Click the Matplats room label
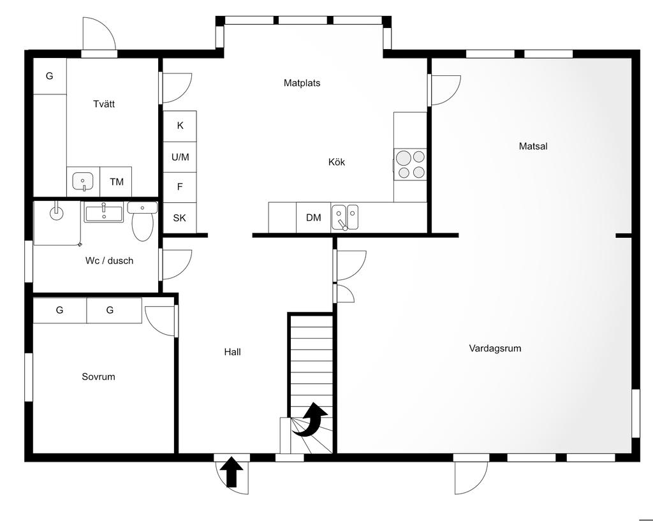[302, 83]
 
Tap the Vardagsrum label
[495, 348]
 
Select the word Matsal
[533, 146]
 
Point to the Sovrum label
[98, 376]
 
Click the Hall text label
[232, 352]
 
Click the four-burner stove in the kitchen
[410, 164]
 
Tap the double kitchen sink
[345, 217]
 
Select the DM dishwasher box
[314, 217]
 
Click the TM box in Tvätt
[116, 182]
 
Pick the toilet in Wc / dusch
[142, 221]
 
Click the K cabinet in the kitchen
[180, 126]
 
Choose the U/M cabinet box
[180, 157]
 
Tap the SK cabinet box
[179, 218]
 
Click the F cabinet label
[180, 187]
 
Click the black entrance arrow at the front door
[231, 471]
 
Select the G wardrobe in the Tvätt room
[50, 77]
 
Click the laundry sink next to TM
[84, 182]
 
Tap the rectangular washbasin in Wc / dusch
[104, 212]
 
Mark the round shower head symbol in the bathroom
[56, 212]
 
